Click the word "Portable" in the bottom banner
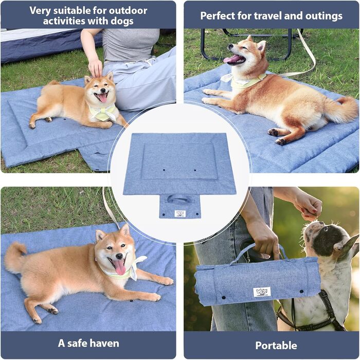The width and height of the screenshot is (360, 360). pyautogui.click(x=276, y=345)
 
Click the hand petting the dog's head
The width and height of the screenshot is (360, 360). pyautogui.click(x=95, y=68)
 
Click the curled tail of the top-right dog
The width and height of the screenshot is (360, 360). pyautogui.click(x=343, y=109)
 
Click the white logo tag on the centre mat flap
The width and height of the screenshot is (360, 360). pyautogui.click(x=180, y=213)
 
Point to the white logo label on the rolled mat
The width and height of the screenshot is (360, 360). pyautogui.click(x=262, y=292)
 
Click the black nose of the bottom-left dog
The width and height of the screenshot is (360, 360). pyautogui.click(x=119, y=256)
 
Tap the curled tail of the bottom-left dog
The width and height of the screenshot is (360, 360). pyautogui.click(x=15, y=258)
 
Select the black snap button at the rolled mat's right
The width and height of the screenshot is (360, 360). pyautogui.click(x=302, y=292)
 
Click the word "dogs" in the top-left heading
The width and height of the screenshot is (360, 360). pyautogui.click(x=122, y=22)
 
